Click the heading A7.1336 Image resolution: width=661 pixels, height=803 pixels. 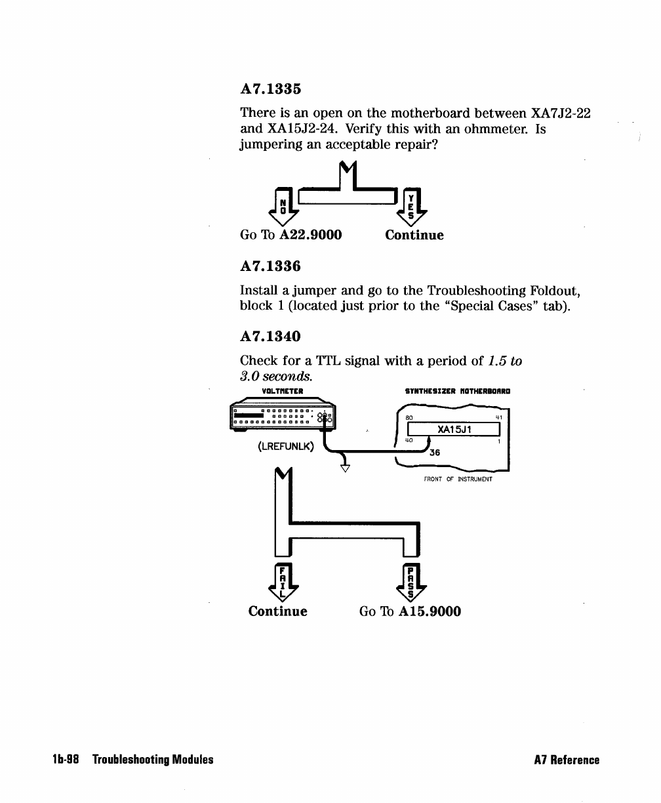pyautogui.click(x=270, y=266)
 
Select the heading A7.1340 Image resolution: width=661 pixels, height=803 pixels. pyautogui.click(x=270, y=337)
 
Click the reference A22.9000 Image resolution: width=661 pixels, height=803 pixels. pyautogui.click(x=311, y=235)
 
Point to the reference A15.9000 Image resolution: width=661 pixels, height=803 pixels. pyautogui.click(x=430, y=611)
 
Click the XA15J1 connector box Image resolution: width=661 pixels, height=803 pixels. pyautogui.click(x=454, y=429)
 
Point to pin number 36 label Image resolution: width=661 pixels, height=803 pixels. pyautogui.click(x=434, y=452)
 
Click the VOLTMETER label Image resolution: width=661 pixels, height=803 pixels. pyautogui.click(x=281, y=392)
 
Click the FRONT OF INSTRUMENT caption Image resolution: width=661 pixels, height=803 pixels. pyautogui.click(x=458, y=480)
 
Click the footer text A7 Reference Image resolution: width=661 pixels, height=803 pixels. pyautogui.click(x=567, y=760)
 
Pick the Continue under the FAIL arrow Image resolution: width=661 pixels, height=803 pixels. pyautogui.click(x=277, y=611)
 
